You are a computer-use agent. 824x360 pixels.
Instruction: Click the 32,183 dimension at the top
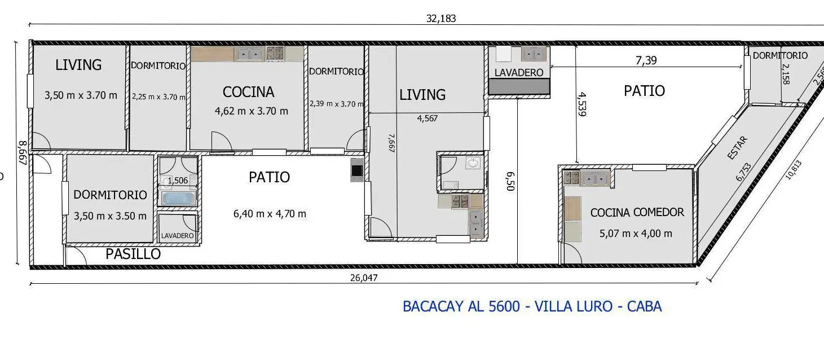click(441, 19)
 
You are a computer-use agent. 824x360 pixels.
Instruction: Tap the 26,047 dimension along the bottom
click(364, 278)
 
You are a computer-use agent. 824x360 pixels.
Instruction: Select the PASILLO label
click(133, 254)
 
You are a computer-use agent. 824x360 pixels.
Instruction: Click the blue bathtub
click(178, 199)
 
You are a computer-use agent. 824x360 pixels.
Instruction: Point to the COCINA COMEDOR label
click(637, 212)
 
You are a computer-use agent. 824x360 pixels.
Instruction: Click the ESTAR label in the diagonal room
click(738, 148)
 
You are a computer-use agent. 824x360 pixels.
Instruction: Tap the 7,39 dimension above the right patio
click(646, 60)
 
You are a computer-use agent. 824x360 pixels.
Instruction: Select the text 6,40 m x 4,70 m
click(270, 214)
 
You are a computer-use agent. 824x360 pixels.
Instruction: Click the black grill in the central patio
click(356, 170)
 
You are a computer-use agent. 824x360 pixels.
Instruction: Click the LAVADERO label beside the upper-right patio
click(519, 73)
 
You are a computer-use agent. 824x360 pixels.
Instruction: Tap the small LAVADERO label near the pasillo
click(177, 236)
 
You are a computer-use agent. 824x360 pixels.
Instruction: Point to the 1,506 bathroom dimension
click(178, 181)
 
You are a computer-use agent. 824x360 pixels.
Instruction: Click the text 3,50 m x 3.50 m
click(110, 216)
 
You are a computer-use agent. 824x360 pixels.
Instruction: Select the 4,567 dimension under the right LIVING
click(427, 118)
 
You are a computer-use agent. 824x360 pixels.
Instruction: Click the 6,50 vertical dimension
click(510, 182)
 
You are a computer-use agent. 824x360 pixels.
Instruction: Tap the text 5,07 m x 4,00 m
click(636, 234)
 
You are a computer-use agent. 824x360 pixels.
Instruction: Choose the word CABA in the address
click(644, 306)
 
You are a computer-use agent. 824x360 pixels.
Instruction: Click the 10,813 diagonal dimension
click(793, 170)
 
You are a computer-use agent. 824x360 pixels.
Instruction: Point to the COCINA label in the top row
click(248, 92)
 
